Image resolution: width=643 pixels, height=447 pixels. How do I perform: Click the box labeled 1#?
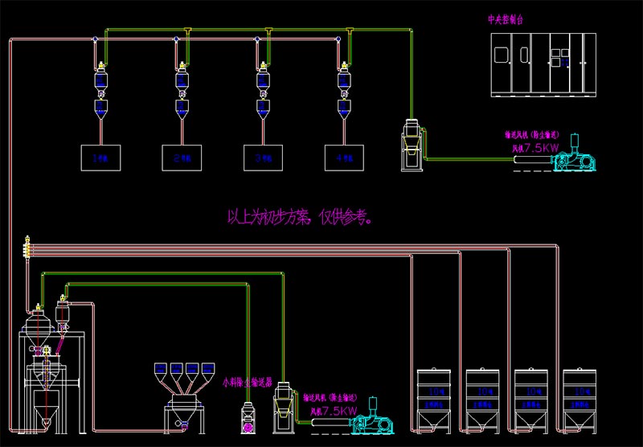click(x=100, y=158)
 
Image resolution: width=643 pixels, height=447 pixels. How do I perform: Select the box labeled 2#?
click(x=181, y=158)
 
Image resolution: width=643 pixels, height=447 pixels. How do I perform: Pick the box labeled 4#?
click(x=344, y=158)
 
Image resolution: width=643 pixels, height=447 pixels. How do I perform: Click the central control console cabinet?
click(x=543, y=64)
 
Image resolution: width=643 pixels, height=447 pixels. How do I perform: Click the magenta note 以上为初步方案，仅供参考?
click(x=299, y=216)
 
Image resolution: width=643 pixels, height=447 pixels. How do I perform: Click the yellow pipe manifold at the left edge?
click(x=27, y=246)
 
